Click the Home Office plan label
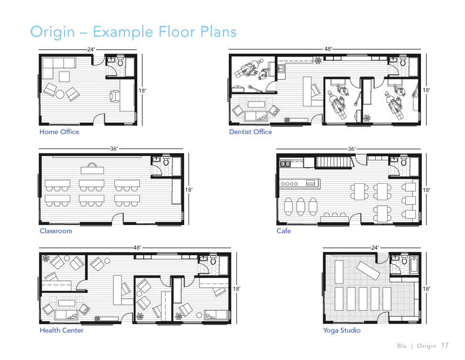59,132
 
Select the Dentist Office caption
250,132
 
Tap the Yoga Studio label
342,331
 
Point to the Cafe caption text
284,231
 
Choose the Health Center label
61,331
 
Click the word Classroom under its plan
56,231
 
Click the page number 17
445,346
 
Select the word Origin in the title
53,32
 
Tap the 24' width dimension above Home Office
91,49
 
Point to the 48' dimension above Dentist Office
328,49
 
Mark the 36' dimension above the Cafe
352,149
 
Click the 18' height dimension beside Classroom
189,190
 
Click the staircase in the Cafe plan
333,163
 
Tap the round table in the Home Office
60,94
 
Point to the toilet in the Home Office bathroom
120,62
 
